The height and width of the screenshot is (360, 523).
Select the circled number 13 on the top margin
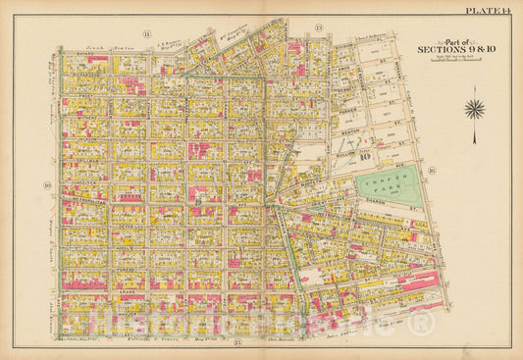318,26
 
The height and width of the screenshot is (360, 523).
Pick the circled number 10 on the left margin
46,183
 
